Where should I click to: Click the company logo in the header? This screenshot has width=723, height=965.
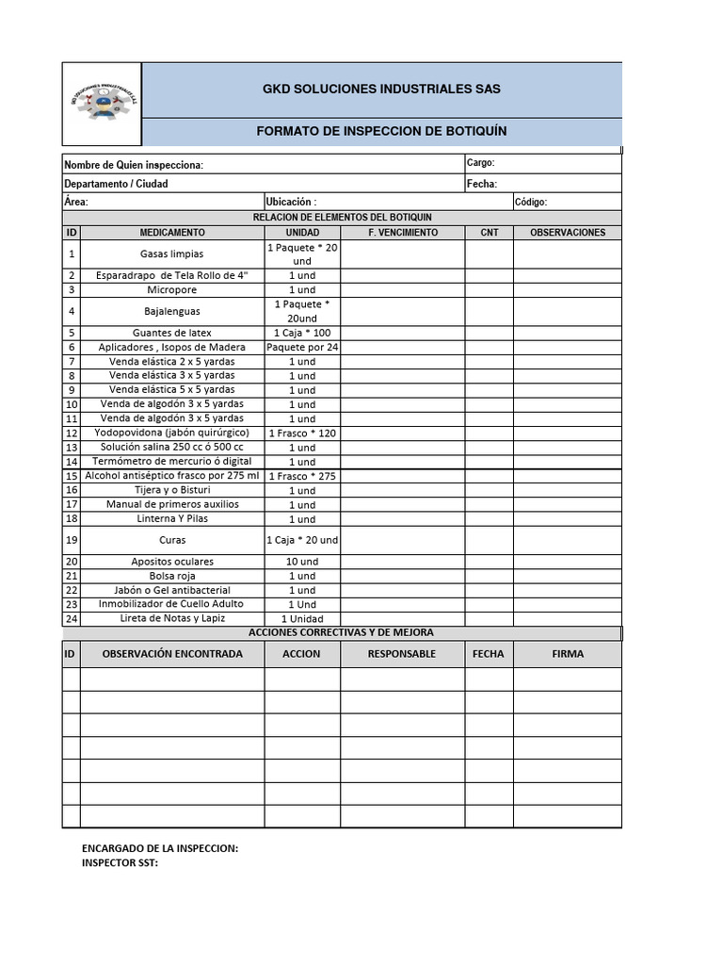[103, 104]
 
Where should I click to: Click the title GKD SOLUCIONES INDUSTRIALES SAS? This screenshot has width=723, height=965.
[381, 90]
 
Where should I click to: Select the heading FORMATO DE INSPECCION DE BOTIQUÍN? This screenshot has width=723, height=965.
[381, 131]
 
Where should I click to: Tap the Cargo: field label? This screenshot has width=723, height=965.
[480, 163]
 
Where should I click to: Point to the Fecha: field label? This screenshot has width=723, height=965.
[482, 184]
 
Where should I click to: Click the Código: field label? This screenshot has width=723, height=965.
[531, 202]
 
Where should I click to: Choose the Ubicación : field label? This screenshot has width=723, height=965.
[292, 202]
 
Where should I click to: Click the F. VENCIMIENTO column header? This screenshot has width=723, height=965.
[402, 232]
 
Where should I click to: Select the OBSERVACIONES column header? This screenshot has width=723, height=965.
[568, 232]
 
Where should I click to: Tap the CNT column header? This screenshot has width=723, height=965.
[490, 232]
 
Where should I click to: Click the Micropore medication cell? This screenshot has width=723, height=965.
[171, 289]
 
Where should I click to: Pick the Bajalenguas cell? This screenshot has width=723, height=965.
[171, 311]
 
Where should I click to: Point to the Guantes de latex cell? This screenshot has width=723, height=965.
[171, 333]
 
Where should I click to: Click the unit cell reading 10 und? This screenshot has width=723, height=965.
[302, 562]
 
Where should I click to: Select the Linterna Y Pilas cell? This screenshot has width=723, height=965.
[171, 518]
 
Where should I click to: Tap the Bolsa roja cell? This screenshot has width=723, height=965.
[171, 576]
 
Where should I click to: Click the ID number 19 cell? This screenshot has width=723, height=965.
[72, 540]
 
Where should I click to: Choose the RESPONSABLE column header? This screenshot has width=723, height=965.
[402, 653]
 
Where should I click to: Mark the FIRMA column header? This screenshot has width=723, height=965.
[568, 653]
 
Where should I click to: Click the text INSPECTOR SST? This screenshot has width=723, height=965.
[120, 862]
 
